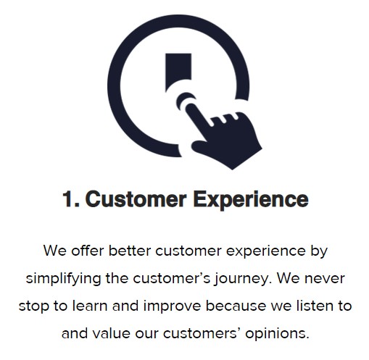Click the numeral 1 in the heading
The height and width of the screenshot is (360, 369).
[67, 199]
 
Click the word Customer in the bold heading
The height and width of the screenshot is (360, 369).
[136, 199]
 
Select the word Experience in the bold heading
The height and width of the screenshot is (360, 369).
[251, 201]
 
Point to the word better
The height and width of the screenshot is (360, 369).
[130, 251]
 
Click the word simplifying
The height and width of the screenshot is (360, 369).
[63, 279]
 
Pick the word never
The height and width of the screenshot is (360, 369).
[324, 279]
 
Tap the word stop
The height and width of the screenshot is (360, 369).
[34, 306]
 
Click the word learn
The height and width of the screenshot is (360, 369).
[90, 306]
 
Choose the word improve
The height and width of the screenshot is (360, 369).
[172, 306]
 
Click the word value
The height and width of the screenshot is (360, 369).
[112, 333]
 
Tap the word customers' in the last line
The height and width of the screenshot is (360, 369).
[203, 333]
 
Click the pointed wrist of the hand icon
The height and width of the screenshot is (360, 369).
[232, 169]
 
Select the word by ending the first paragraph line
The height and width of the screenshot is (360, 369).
[319, 252]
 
